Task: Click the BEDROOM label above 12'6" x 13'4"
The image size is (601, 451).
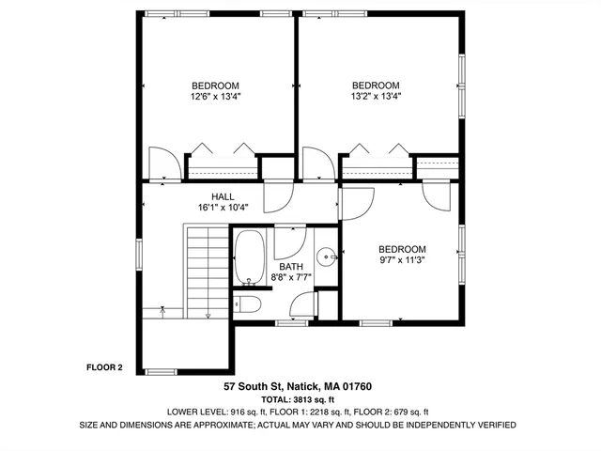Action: (215, 84)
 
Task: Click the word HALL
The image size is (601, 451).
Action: (223, 196)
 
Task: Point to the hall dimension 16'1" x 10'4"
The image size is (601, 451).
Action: (223, 208)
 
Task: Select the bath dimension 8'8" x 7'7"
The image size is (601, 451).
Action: (291, 277)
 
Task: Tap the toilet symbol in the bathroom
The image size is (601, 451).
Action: (247, 305)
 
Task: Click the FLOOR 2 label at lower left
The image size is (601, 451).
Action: (104, 367)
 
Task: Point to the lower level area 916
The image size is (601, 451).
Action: (238, 412)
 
